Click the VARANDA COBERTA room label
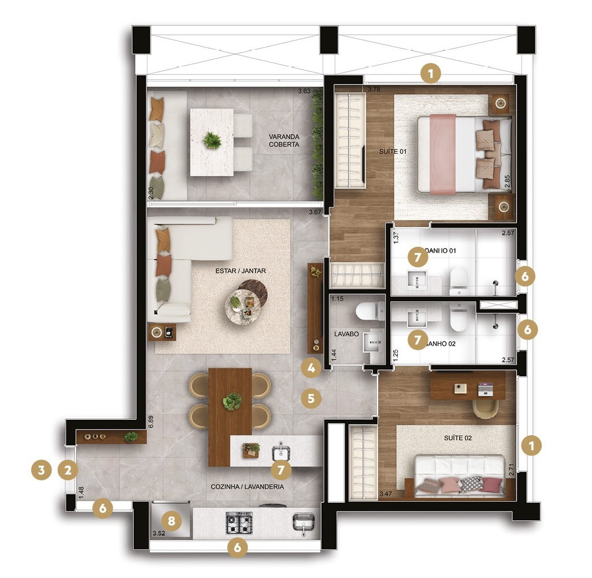point(284,141)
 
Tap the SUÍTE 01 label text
point(393,151)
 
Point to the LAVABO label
point(347,334)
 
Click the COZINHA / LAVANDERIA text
point(247,487)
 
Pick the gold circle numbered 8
point(171,520)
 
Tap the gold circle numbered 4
point(311,366)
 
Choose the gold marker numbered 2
point(68,470)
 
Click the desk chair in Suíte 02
point(486,408)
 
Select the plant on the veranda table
point(212,140)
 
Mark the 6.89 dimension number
point(151,421)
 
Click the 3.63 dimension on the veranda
point(304,91)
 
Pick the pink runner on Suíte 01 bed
point(442,153)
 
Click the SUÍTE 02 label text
point(458,438)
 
